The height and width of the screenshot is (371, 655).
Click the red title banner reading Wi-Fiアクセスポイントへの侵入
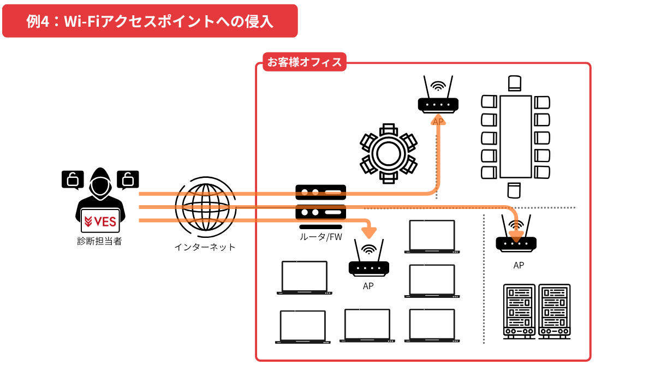(150, 21)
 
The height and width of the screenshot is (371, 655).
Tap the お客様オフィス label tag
(304, 62)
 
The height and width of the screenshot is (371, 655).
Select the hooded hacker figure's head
(100, 183)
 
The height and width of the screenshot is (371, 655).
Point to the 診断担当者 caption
(99, 241)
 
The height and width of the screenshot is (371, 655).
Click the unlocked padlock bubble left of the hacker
(73, 179)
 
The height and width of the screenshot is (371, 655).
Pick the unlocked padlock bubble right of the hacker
(128, 179)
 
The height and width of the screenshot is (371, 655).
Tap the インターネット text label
(205, 247)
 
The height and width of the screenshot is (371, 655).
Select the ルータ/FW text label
(320, 237)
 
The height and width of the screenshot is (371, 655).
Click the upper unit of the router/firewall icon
(321, 192)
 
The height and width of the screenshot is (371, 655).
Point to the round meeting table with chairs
(389, 153)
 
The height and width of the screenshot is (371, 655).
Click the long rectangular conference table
(515, 136)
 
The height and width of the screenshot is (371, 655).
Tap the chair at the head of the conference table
(515, 83)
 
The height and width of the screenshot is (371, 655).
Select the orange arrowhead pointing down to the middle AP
(370, 231)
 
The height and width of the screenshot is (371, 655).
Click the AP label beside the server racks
(519, 266)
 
